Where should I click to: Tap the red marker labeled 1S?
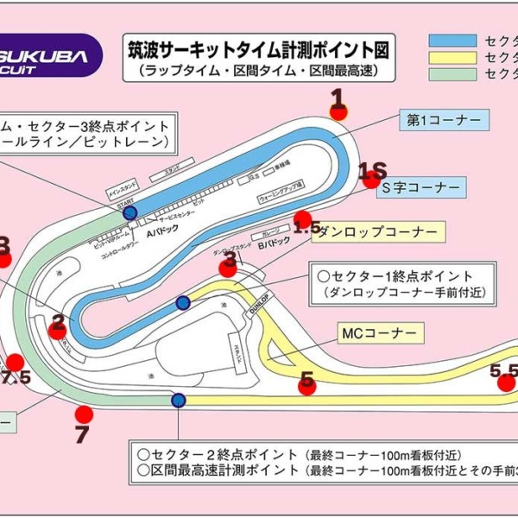[371, 180]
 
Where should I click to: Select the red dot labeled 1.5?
[302, 220]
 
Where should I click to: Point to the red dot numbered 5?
[306, 386]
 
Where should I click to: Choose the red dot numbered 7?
[84, 415]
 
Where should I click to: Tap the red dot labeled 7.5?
[16, 363]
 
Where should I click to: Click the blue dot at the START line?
[129, 212]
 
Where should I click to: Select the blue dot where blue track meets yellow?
[183, 302]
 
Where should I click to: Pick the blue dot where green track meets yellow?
[178, 400]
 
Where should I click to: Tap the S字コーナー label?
[421, 187]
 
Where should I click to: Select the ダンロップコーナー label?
[377, 231]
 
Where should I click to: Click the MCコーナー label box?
[379, 332]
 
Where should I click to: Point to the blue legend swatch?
[452, 41]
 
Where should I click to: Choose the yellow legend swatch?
[452, 58]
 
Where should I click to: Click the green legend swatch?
[452, 74]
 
